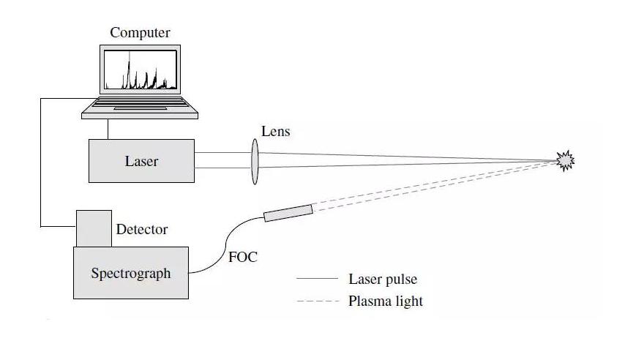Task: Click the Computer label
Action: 140,33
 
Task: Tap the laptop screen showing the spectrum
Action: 140,70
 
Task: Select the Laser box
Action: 141,161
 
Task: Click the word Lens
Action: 275,132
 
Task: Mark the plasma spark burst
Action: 565,160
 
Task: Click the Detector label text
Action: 141,230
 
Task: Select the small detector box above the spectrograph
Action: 94,228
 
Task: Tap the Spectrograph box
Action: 130,273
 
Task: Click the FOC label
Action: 243,258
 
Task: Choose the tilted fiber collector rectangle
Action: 288,213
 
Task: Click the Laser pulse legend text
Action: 382,279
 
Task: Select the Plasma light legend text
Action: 385,301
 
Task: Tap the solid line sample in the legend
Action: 318,279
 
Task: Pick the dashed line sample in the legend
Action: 318,301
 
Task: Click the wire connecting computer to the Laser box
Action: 108,128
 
